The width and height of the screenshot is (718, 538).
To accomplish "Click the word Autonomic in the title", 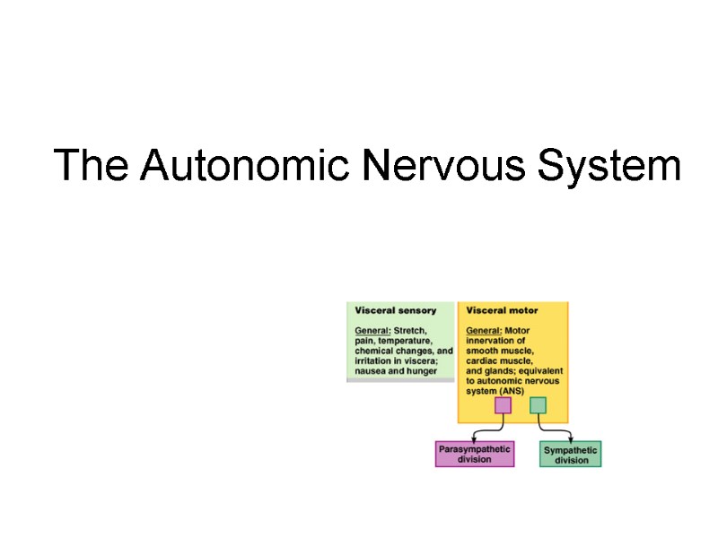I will (x=247, y=166).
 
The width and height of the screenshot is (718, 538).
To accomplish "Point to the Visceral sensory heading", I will (x=396, y=310).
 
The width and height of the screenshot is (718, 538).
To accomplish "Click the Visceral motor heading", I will (x=502, y=310).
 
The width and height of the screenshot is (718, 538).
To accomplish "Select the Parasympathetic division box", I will (x=475, y=454).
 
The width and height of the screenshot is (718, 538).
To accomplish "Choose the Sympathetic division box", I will (x=571, y=455).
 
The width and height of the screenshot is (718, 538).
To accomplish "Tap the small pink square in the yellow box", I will (x=503, y=405).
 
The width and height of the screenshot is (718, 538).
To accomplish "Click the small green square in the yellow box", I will (x=538, y=405).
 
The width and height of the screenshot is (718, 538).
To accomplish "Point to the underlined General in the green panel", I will (x=372, y=331).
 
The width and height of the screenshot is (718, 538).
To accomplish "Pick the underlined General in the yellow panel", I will (x=483, y=331).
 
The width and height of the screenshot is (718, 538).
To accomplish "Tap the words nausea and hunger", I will (x=396, y=370).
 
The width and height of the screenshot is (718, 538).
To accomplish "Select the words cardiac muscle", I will (x=499, y=360).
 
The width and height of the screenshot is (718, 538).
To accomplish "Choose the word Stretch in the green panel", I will (x=411, y=331).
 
